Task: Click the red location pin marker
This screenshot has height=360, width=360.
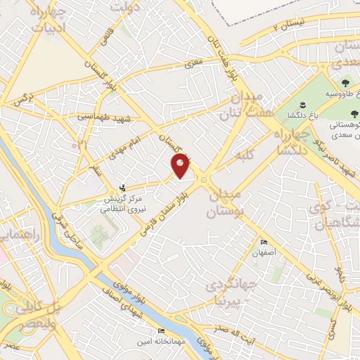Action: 181,166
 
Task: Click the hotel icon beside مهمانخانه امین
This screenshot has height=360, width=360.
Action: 163,331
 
